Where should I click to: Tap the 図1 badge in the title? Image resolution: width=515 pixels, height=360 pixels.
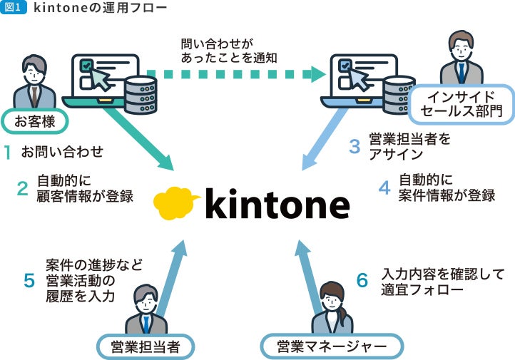pos(14,9)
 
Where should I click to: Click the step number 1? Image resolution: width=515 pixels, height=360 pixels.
pos(7,152)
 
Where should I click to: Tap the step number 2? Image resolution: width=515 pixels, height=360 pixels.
pos(23,189)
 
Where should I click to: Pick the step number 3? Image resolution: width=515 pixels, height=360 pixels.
pos(355,147)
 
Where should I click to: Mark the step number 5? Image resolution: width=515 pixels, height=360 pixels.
pos(29,280)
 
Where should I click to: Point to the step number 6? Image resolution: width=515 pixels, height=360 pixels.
pos(362,281)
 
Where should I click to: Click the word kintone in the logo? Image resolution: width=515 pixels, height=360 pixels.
pos(278,205)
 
